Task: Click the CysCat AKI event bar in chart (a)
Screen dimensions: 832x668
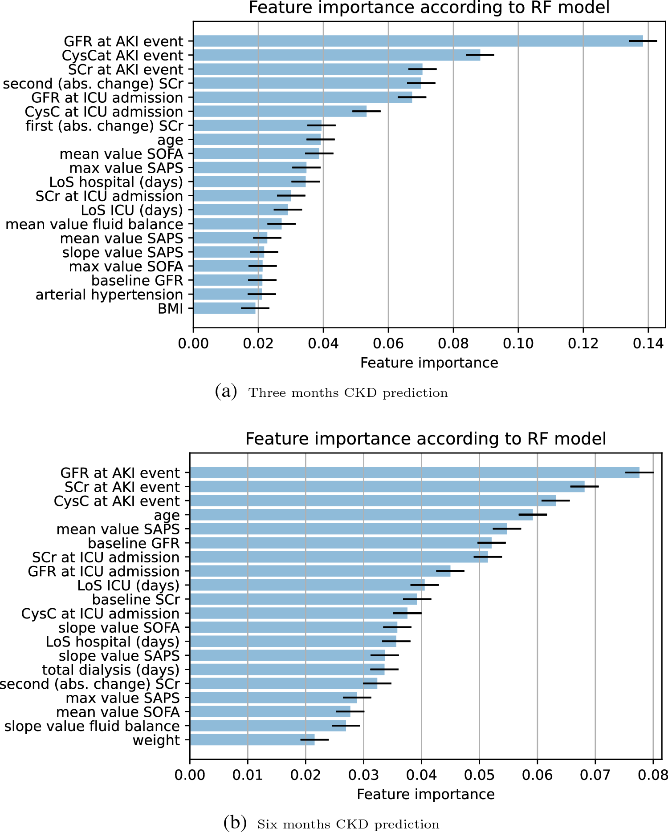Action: coord(336,55)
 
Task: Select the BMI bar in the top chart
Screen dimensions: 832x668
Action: coord(224,308)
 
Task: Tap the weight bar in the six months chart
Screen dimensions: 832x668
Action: coord(252,740)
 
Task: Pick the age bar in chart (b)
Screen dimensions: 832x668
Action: coord(361,515)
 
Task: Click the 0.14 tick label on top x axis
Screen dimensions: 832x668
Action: coord(648,343)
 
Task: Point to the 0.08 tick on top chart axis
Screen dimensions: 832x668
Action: coord(453,343)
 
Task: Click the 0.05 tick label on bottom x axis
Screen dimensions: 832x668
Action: coord(479,775)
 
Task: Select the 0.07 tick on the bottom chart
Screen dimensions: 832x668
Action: coord(595,775)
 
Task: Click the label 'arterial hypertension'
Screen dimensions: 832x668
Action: coord(109,295)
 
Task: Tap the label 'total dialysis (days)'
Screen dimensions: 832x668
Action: coord(110,670)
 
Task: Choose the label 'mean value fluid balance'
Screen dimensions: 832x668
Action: coord(94,224)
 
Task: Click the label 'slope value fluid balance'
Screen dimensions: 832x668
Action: coord(92,726)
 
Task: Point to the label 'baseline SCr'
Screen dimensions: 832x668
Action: coord(136,599)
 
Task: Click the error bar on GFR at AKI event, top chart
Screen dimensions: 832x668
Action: coord(643,41)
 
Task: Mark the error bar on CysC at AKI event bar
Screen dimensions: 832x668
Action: coord(555,501)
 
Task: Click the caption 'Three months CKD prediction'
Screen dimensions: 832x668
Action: coord(347,393)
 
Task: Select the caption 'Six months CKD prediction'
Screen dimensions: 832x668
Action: coord(348,824)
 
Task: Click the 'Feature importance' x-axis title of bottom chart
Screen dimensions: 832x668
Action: coord(425,794)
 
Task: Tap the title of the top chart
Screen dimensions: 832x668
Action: coord(428,8)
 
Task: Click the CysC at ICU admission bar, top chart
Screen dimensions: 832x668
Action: coord(280,111)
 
